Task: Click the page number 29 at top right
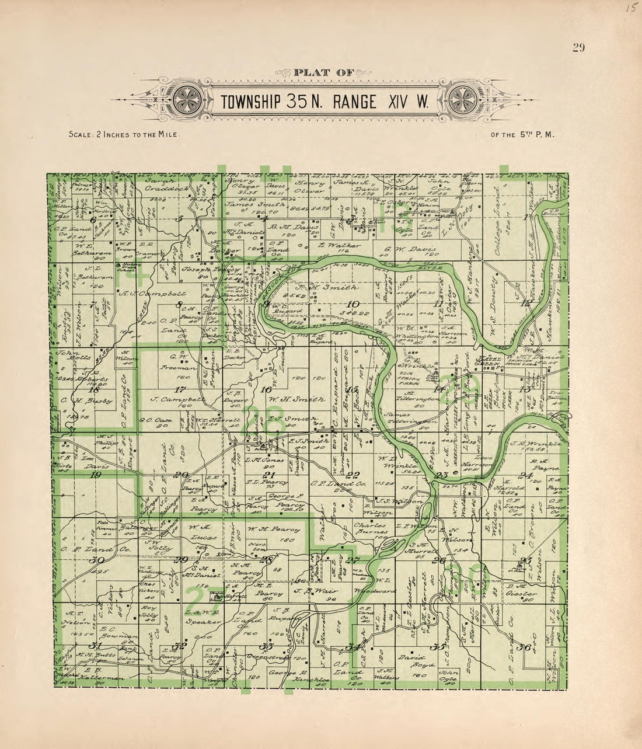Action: click(578, 48)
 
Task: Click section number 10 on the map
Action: click(353, 304)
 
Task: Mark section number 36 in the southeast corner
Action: click(524, 647)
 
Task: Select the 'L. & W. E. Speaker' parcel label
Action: click(203, 617)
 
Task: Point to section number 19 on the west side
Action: click(96, 475)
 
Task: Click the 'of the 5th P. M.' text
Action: click(522, 134)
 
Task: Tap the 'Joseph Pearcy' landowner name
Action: click(204, 273)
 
